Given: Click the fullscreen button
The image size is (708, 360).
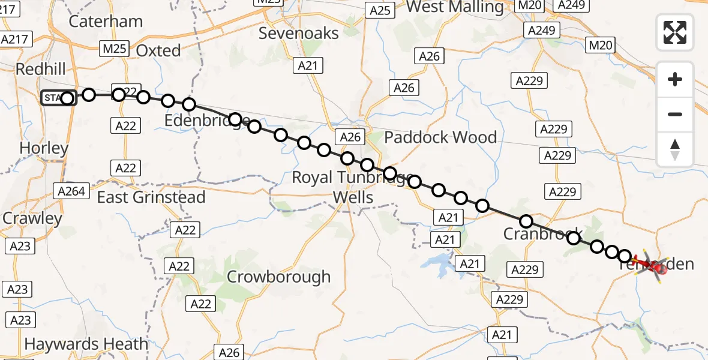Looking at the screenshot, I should tap(675, 32).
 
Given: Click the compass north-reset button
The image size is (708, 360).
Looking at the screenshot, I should tap(675, 149).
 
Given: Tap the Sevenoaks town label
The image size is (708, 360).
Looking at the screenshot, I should tap(299, 33).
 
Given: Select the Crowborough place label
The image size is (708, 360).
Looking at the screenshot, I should tap(278, 277).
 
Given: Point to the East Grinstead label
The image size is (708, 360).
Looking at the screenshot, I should tap(151, 197).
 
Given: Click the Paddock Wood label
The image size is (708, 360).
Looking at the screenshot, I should tap(440, 137).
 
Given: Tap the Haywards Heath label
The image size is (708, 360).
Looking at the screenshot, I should tap(86, 344).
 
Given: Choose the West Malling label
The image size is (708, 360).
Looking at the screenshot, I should tap(455, 7).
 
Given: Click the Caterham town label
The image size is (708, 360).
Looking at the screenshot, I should tap(106, 22).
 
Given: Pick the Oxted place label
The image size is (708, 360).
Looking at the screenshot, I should tap(158, 50).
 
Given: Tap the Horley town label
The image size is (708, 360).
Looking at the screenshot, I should tap(44, 148).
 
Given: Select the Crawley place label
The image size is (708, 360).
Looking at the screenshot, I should tap(32, 218).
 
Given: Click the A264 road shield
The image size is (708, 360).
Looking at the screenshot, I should tap(71, 191).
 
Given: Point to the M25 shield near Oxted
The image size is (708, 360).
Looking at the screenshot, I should tap(113, 49).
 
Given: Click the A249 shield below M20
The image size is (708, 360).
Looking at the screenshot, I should tap(542, 29).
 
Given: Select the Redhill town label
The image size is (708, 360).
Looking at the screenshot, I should tap(41, 69).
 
